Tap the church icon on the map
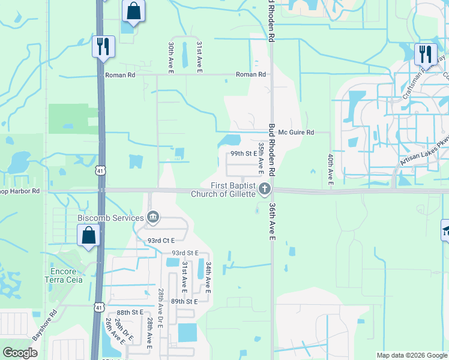tap(265, 190)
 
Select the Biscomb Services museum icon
tap(153, 217)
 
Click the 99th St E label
tap(244, 154)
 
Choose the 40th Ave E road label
tap(330, 169)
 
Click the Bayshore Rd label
tap(45, 325)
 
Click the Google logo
tap(21, 353)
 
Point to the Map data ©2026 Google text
tap(411, 355)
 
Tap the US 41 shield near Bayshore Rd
tap(98, 308)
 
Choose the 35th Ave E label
tap(261, 155)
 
